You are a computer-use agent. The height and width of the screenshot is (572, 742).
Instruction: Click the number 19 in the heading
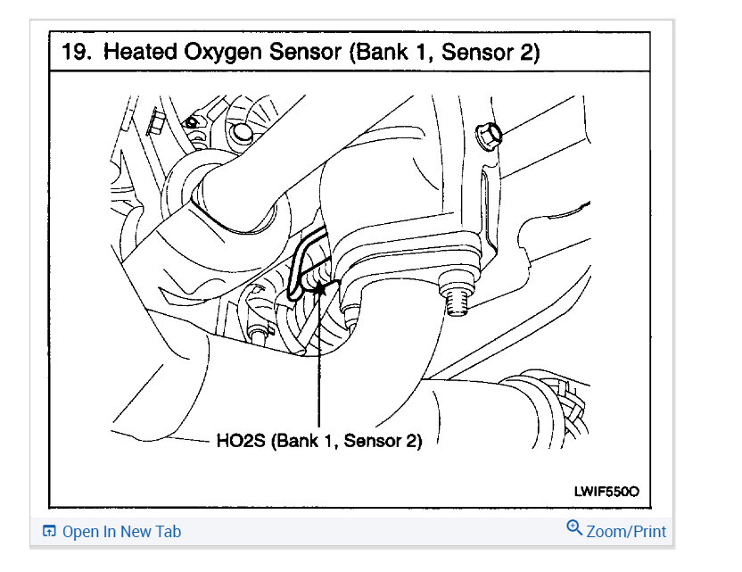[75, 52]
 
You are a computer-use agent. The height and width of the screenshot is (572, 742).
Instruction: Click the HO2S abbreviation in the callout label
[240, 440]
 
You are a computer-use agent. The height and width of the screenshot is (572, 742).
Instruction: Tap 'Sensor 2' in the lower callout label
[383, 440]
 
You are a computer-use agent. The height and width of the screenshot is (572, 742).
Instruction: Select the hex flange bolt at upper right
[490, 134]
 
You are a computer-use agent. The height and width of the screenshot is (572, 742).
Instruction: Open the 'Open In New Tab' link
[121, 532]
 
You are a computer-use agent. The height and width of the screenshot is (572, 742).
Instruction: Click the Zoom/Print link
[626, 531]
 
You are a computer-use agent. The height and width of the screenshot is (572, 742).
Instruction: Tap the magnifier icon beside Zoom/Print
[574, 528]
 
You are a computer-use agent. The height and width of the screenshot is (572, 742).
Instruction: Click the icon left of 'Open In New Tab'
[49, 532]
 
